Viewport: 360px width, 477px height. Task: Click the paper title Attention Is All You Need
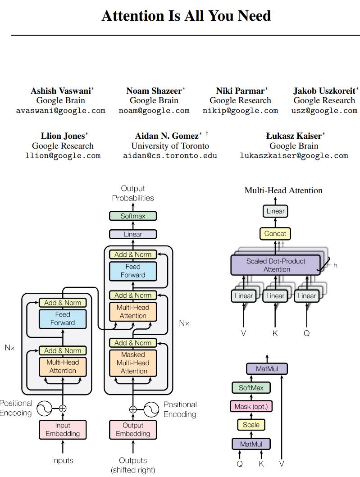[186, 16]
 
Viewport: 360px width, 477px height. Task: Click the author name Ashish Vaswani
[60, 91]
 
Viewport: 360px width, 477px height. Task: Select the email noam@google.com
[154, 110]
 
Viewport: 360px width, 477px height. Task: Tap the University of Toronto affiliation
[170, 145]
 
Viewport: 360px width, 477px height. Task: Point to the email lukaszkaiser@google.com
[294, 155]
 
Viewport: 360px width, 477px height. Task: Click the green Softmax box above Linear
[133, 216]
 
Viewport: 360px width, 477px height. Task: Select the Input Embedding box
[63, 429]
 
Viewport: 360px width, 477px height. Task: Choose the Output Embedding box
[133, 429]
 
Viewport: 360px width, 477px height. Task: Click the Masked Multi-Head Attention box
[133, 363]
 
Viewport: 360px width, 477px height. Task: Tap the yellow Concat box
[275, 233]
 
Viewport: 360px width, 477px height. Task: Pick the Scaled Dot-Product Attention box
[276, 265]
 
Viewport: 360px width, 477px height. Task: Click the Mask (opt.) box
[251, 406]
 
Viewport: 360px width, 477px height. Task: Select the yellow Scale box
[251, 425]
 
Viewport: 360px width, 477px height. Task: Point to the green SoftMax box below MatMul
[251, 387]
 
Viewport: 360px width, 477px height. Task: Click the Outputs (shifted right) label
[133, 465]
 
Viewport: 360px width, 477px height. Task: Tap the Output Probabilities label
[133, 193]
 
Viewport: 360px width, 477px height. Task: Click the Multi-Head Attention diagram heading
[283, 191]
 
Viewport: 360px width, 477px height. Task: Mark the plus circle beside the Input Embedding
[63, 409]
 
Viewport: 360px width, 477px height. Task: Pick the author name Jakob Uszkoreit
[324, 91]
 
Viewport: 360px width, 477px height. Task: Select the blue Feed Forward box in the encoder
[63, 318]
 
